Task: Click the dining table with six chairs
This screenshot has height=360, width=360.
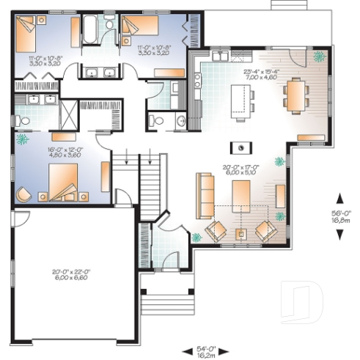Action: (x=293, y=95)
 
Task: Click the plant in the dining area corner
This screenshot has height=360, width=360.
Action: (x=318, y=56)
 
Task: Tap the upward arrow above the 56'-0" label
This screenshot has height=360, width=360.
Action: (x=340, y=197)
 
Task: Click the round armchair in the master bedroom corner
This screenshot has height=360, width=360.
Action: (x=23, y=194)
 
